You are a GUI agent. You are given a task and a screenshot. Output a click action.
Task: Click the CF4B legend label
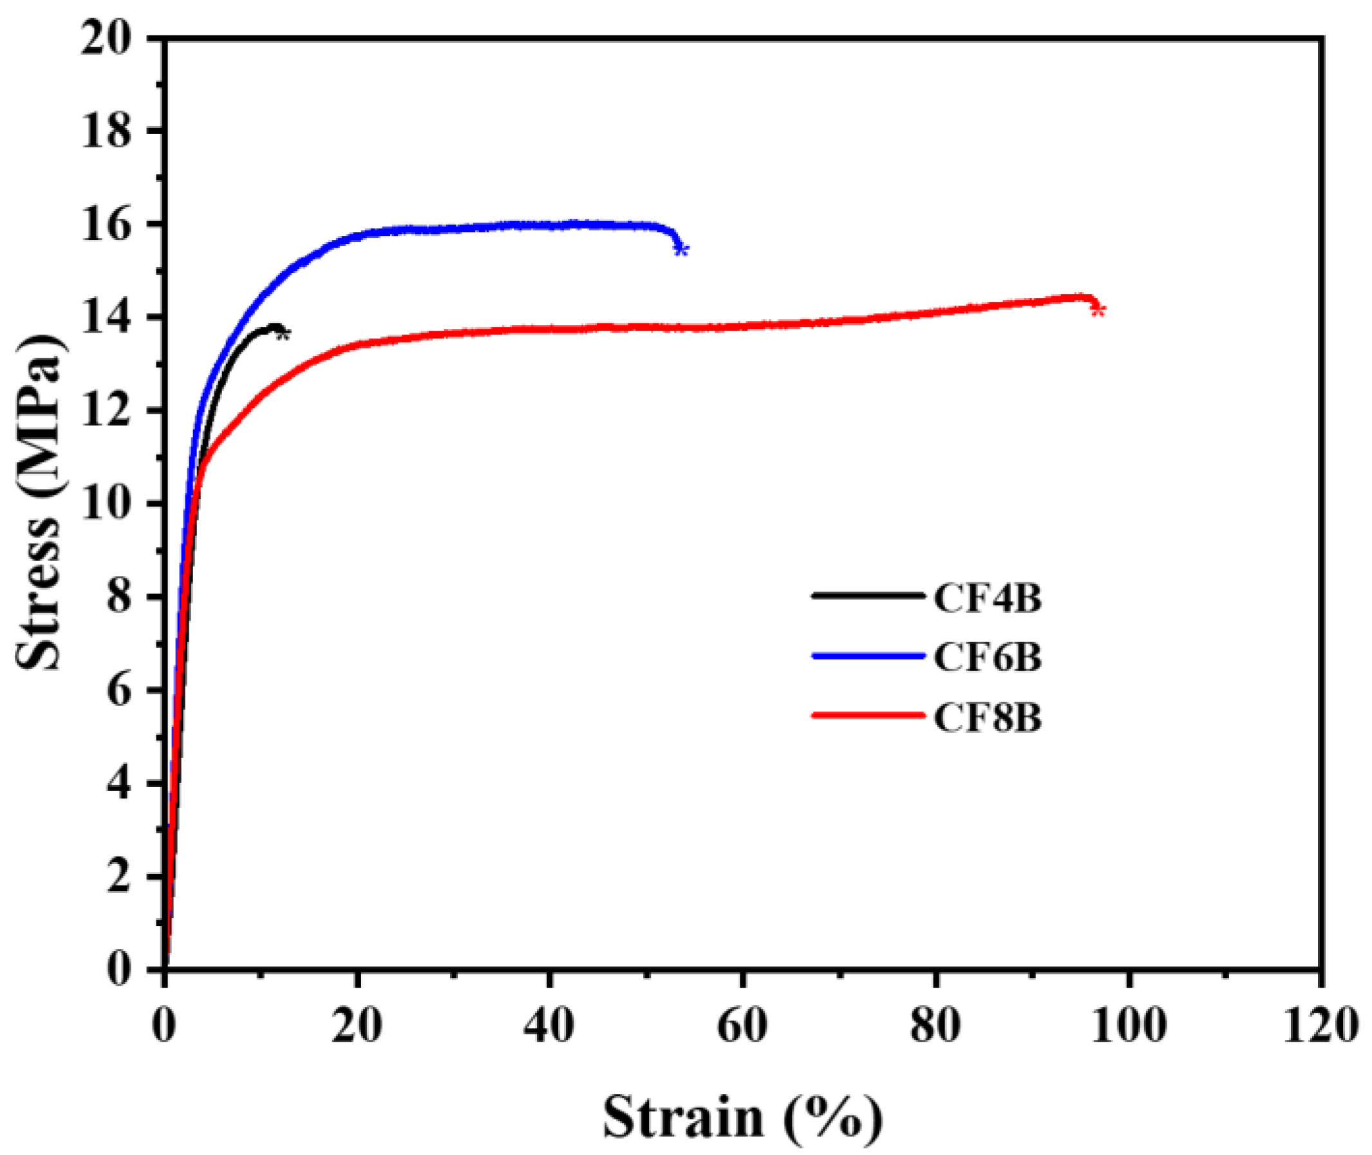(987, 598)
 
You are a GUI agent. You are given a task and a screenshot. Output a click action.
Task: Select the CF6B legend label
(987, 658)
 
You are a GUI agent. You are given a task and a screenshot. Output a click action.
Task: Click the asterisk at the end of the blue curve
(681, 250)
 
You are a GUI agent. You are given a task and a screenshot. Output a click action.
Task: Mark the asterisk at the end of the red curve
(1099, 310)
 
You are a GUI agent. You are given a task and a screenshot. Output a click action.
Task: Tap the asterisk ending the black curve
(283, 334)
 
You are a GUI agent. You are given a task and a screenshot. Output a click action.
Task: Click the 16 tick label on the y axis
(107, 225)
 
